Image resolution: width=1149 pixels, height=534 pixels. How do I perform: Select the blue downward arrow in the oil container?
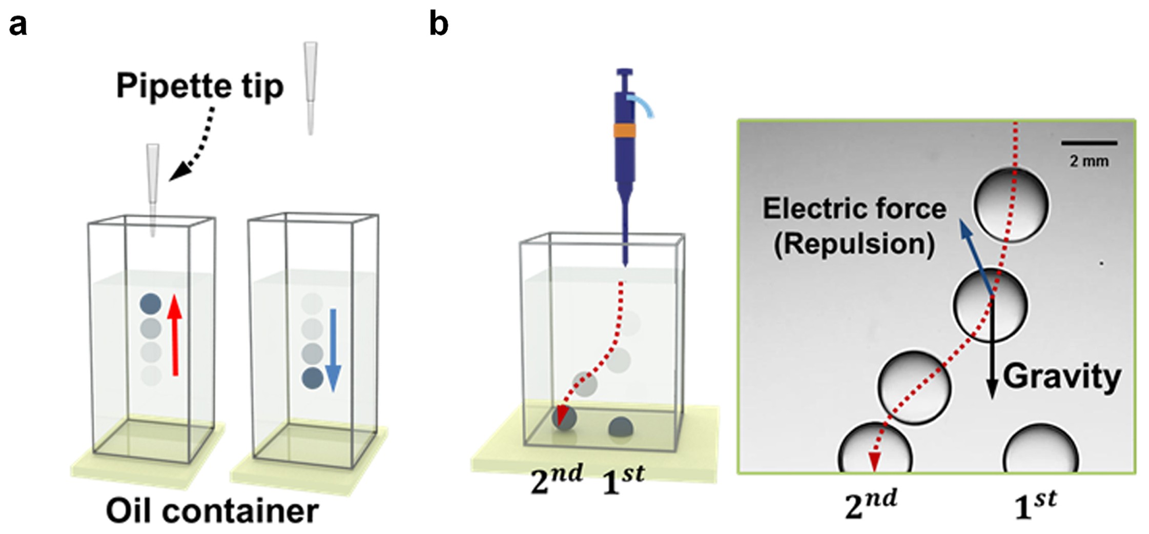pyautogui.click(x=333, y=349)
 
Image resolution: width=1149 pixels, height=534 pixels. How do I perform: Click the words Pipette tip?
pyautogui.click(x=199, y=86)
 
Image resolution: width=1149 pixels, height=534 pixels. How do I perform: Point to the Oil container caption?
pyautogui.click(x=212, y=511)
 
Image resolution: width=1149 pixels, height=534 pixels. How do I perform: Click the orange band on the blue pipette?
pyautogui.click(x=624, y=130)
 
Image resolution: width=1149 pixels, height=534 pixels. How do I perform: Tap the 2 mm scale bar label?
pyautogui.click(x=1089, y=161)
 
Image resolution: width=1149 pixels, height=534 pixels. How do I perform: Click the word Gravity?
pyautogui.click(x=1062, y=378)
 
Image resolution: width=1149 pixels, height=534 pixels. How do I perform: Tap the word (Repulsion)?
pyautogui.click(x=854, y=244)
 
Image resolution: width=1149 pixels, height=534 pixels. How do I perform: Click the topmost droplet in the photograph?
pyautogui.click(x=1011, y=205)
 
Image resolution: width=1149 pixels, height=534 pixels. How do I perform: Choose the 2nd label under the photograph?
pyautogui.click(x=871, y=506)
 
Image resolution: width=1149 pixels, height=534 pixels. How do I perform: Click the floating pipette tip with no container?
pyautogui.click(x=311, y=87)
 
